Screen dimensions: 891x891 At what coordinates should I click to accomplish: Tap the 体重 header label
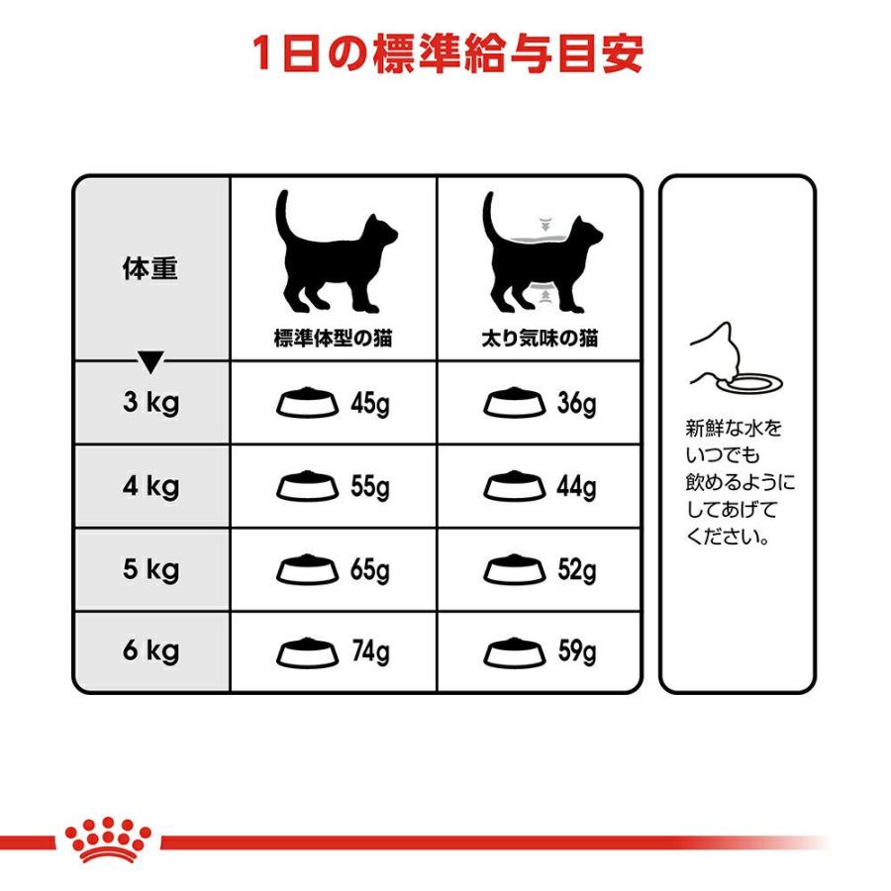coord(150,269)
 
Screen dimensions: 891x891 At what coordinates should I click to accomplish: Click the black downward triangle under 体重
coord(150,362)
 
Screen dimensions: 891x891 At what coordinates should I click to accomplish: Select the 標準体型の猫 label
coord(333,339)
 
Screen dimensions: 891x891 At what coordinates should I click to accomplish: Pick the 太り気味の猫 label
coord(541,339)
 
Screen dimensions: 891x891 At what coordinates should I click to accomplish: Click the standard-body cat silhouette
coord(335,252)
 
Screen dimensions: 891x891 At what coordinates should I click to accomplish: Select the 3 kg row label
coord(150,403)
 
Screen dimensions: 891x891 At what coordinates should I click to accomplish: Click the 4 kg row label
coord(150,486)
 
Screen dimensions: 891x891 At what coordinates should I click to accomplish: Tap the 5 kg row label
coord(150,569)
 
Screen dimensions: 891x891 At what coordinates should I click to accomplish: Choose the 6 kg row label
coord(150,651)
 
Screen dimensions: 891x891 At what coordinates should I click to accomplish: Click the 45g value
coord(370,404)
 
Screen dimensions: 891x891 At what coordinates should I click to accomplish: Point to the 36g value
coord(576,404)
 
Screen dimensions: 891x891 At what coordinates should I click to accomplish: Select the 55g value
coord(370,487)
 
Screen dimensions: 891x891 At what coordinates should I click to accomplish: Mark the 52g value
coord(576,570)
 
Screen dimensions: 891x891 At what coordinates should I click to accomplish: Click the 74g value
coord(370,653)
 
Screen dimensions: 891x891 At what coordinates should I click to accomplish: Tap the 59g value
coord(576,653)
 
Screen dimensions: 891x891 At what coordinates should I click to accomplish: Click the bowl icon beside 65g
coord(307,571)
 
